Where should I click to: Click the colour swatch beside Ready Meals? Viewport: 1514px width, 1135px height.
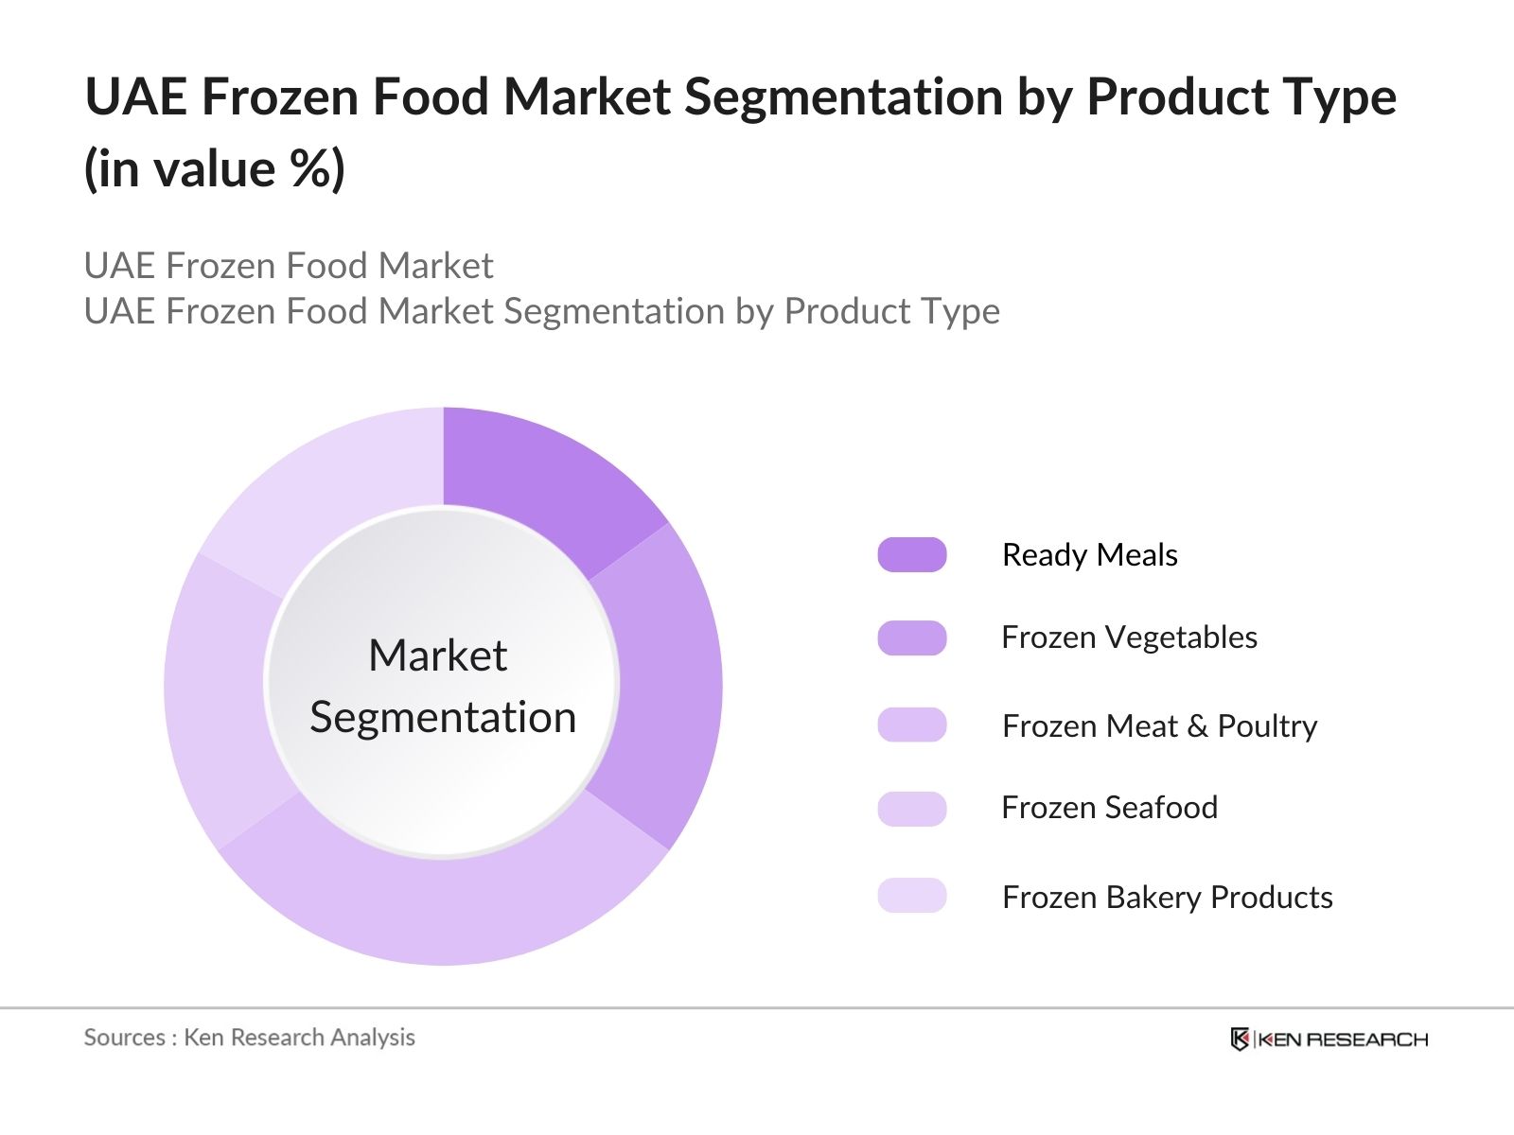click(911, 555)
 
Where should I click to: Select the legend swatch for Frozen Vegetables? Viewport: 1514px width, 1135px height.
click(911, 638)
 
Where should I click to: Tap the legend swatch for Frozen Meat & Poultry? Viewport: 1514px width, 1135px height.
click(911, 725)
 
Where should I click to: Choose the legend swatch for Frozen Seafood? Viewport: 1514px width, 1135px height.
click(911, 809)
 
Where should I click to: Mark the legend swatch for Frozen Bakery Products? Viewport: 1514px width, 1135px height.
click(911, 896)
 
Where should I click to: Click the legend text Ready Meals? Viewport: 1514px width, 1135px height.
click(1089, 555)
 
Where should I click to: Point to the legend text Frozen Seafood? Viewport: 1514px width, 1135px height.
click(1109, 808)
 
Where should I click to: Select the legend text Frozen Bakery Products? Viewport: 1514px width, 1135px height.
click(1167, 897)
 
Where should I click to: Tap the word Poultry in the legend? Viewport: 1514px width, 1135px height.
click(1267, 726)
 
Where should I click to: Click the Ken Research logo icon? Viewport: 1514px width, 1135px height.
click(1240, 1039)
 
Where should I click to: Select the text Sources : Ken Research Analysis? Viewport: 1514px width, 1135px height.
click(249, 1038)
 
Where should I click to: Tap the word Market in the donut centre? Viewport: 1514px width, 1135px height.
click(437, 655)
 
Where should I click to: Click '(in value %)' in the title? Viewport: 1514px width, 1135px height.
click(215, 169)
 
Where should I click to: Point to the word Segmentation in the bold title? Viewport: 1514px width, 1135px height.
click(843, 97)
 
